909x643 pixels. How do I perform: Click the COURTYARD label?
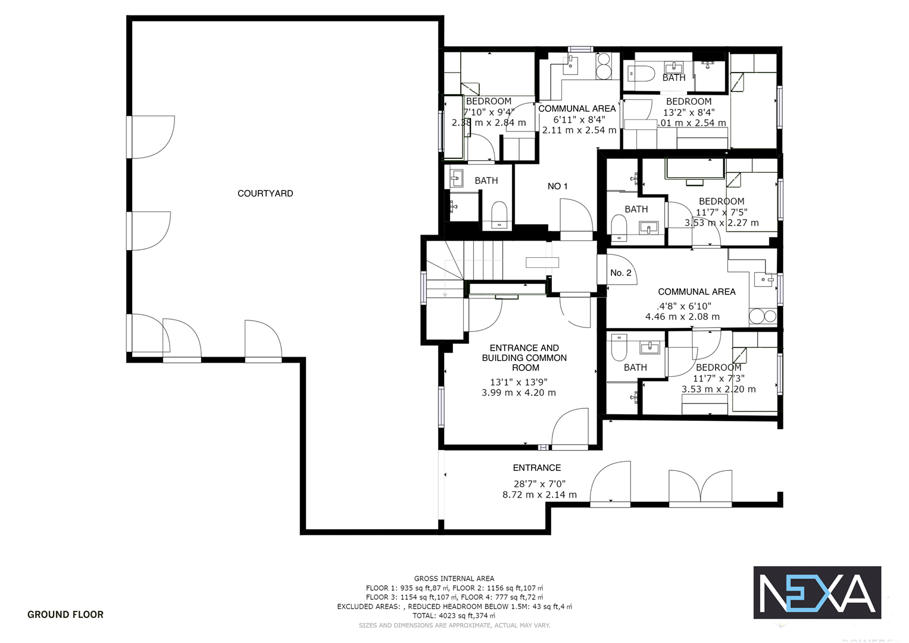click(x=265, y=193)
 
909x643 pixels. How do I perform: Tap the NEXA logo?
click(x=817, y=592)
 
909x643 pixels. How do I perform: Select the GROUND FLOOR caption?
click(x=65, y=614)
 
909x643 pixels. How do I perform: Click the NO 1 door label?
click(x=557, y=186)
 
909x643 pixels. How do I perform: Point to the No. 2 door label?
click(x=620, y=273)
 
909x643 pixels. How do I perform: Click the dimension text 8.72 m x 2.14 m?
click(x=539, y=495)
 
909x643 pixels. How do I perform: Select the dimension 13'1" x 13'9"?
click(x=518, y=382)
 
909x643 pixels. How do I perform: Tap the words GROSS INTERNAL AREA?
click(x=454, y=578)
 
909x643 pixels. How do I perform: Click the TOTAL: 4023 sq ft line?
click(x=454, y=616)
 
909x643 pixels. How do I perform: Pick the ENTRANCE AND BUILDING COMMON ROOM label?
click(x=524, y=357)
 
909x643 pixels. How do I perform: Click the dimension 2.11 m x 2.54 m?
click(x=579, y=130)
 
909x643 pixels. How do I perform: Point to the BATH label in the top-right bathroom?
click(x=674, y=78)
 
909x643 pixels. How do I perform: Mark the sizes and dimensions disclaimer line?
click(x=454, y=625)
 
